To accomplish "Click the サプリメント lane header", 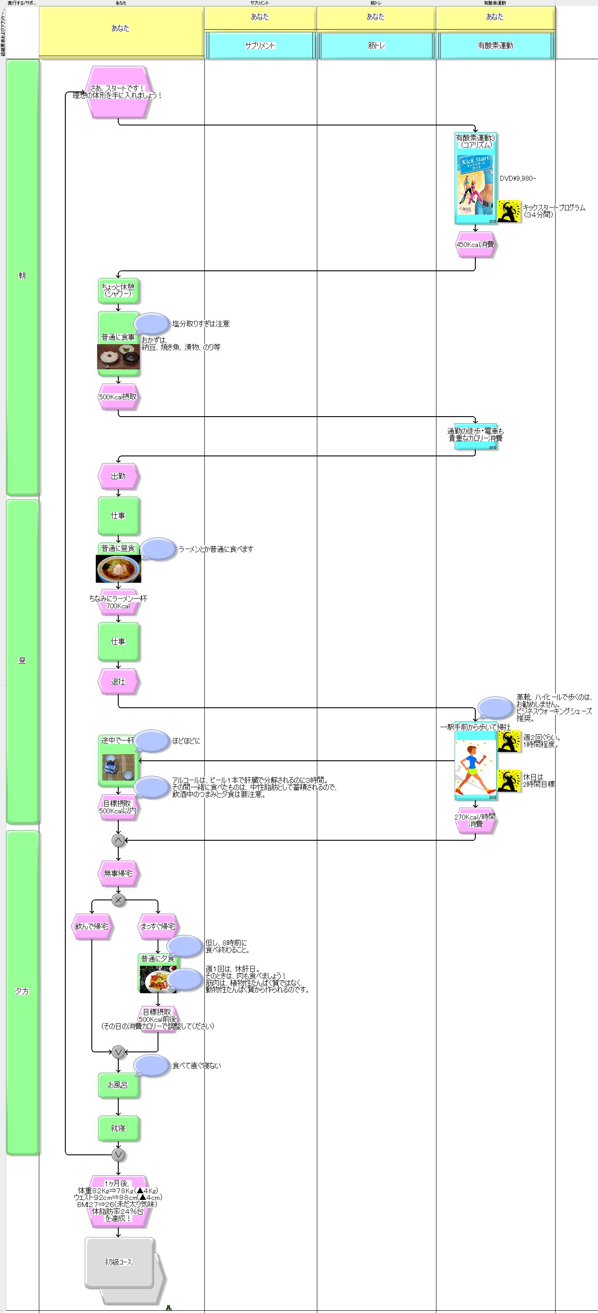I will coord(260,46).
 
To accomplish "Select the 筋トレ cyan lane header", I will coord(376,46).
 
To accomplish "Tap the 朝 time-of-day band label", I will coord(22,276).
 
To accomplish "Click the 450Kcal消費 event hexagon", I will coord(475,245).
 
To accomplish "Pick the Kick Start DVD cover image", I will coord(475,184).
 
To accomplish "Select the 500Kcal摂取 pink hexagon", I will coord(118,397).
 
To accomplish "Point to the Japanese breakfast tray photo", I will coord(118,357).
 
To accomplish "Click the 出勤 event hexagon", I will coord(118,476).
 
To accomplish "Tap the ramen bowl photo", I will coord(118,568).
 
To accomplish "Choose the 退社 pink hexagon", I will coord(118,682).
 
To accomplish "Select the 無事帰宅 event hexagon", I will coord(118,873).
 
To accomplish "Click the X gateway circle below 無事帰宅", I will coord(118,899).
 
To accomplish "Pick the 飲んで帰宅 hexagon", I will coord(92,926).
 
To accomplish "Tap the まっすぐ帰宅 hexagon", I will coord(158,926).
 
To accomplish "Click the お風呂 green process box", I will coord(118,1085).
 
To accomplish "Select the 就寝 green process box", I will coord(118,1128).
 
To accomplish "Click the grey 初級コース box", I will coord(119,1262).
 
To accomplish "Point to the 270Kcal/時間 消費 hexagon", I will coord(475,820).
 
